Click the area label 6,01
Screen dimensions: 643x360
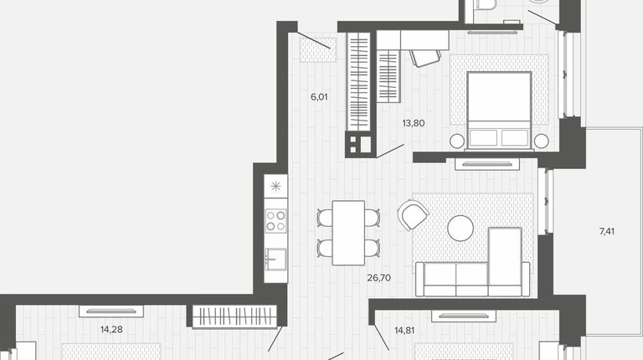click(x=319, y=97)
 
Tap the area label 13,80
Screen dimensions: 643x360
click(x=414, y=123)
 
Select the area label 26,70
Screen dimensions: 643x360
click(x=379, y=278)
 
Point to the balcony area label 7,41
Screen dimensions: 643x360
click(x=607, y=231)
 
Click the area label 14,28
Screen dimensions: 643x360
click(x=111, y=329)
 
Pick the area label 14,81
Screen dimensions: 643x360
click(x=404, y=330)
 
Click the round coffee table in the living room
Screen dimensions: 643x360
click(x=460, y=228)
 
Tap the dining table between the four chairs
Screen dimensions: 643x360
click(x=348, y=233)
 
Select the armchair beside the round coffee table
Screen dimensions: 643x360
click(x=413, y=214)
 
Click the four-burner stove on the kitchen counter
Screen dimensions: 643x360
click(x=275, y=221)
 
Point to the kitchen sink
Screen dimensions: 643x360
click(x=275, y=260)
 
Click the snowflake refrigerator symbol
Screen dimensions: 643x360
click(x=275, y=187)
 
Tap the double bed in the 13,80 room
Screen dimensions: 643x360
click(x=499, y=111)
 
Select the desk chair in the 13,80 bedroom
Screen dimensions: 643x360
click(x=425, y=58)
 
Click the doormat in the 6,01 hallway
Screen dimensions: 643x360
click(x=318, y=50)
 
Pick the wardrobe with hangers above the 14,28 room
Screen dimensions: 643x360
click(x=234, y=316)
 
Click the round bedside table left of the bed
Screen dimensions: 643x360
click(x=457, y=141)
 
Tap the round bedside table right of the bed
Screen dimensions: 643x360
click(x=542, y=141)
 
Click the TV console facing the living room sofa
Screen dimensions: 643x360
click(x=487, y=164)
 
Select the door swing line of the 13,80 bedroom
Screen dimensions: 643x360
click(x=390, y=151)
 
